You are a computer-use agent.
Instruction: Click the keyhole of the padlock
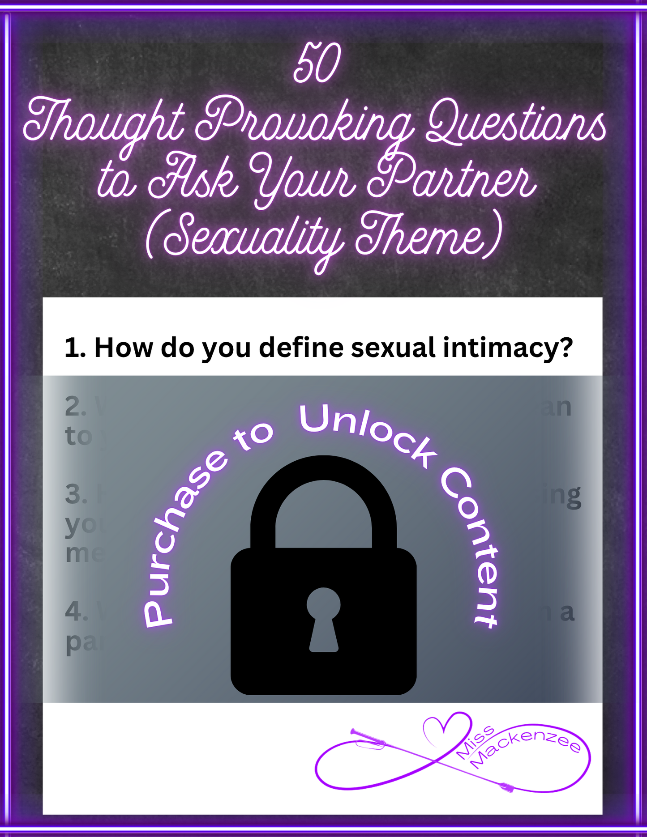pos(323,617)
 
